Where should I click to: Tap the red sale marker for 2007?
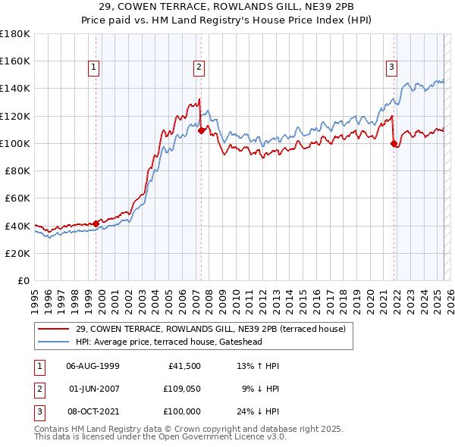(x=201, y=130)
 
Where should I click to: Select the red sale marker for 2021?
(x=394, y=143)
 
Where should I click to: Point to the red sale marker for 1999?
(x=96, y=223)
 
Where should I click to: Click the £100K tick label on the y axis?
(x=15, y=143)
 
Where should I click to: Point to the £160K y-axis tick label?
(x=15, y=61)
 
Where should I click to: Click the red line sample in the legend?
(x=54, y=329)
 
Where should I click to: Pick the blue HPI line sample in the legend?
(x=54, y=342)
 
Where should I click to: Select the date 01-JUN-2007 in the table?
(x=94, y=389)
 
